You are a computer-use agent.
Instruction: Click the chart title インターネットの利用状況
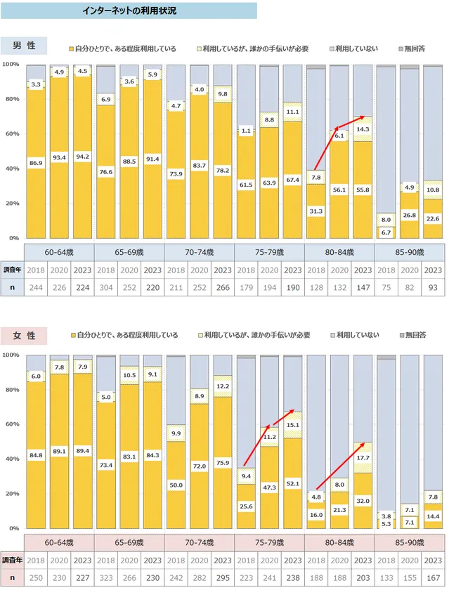click(x=128, y=11)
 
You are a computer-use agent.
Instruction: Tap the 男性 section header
click(x=24, y=46)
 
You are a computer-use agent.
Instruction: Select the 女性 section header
click(x=24, y=336)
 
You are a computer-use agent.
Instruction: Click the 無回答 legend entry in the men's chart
click(x=414, y=48)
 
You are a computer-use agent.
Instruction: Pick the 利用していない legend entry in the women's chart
click(x=357, y=335)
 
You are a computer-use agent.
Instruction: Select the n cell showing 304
click(x=106, y=287)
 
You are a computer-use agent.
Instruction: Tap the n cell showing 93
click(x=433, y=287)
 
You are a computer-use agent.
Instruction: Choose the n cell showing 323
click(x=106, y=577)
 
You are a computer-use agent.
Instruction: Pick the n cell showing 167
click(x=433, y=577)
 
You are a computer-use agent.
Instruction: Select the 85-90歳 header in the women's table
click(x=410, y=543)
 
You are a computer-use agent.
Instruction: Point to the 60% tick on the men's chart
click(x=11, y=134)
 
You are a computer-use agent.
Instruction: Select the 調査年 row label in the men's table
click(x=13, y=269)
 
